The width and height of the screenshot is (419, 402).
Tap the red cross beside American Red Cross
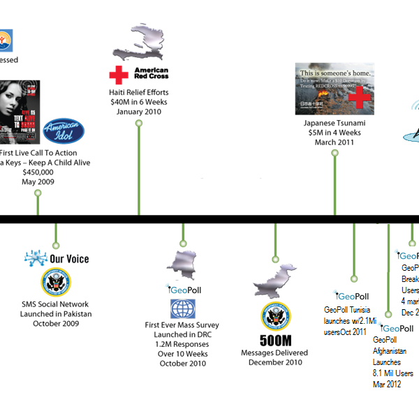pos(117,73)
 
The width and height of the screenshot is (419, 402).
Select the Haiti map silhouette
pos(140,41)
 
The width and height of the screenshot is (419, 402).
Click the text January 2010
pos(138,112)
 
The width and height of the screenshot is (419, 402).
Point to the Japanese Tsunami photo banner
pos(335,89)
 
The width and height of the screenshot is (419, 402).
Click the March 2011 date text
pos(336,142)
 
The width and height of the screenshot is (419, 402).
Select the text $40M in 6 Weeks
pos(138,103)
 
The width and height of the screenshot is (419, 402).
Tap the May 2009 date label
pos(38,181)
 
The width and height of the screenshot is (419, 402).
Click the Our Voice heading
pos(69,259)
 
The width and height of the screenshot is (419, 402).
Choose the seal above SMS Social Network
pos(56,283)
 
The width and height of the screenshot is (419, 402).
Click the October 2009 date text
pos(56,323)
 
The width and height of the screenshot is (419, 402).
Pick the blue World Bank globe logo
pos(183,308)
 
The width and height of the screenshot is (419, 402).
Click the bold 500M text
pos(274,341)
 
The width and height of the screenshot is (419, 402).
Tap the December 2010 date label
pos(274,362)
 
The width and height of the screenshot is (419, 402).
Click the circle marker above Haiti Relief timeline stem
pos(138,124)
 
